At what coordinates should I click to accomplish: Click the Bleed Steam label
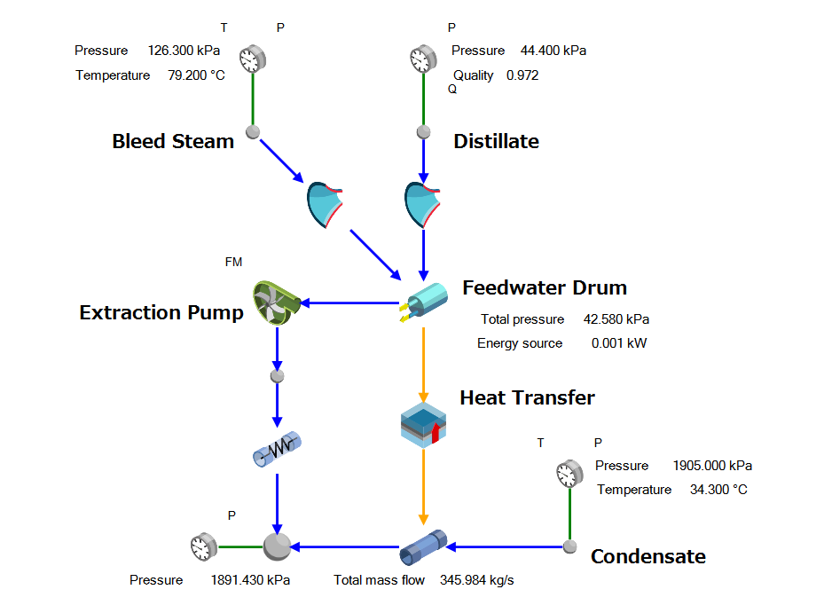pos(173,141)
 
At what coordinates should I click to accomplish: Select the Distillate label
pos(496,141)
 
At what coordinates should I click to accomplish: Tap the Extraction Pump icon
pos(278,303)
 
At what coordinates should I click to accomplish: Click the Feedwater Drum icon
pos(424,303)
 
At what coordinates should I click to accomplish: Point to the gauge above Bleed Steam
pos(252,59)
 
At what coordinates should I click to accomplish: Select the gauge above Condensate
pos(569,473)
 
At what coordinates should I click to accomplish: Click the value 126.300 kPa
pos(184,51)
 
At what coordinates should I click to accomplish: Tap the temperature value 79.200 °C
pos(196,75)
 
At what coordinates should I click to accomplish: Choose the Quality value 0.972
pos(522,75)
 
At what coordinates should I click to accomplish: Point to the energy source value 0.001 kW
pos(619,343)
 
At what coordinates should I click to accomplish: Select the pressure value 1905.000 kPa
pos(712,466)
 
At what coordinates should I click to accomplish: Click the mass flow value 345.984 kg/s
pos(476,580)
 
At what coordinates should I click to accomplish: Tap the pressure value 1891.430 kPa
pos(250,580)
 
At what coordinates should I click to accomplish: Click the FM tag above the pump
pos(233,262)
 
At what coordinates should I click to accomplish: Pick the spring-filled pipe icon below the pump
pos(278,451)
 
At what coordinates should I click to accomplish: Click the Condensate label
pos(648,556)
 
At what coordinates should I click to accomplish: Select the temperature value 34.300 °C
pos(718,490)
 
